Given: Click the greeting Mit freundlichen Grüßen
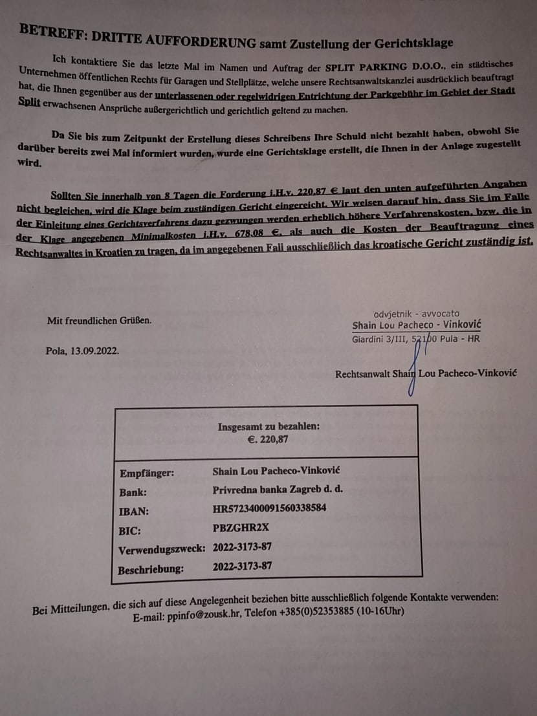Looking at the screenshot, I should pyautogui.click(x=100, y=320).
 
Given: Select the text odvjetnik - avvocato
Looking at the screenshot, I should pyautogui.click(x=417, y=314).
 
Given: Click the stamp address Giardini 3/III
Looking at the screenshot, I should pyautogui.click(x=378, y=339).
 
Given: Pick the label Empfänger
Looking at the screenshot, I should pyautogui.click(x=147, y=473).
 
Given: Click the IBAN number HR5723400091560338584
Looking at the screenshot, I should pyautogui.click(x=269, y=508).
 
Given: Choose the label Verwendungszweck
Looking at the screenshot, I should pyautogui.click(x=162, y=549).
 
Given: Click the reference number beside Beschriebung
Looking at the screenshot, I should pyautogui.click(x=242, y=567).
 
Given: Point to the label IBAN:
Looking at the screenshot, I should pyautogui.click(x=134, y=511).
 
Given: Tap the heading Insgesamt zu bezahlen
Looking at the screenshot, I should pyautogui.click(x=268, y=426).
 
